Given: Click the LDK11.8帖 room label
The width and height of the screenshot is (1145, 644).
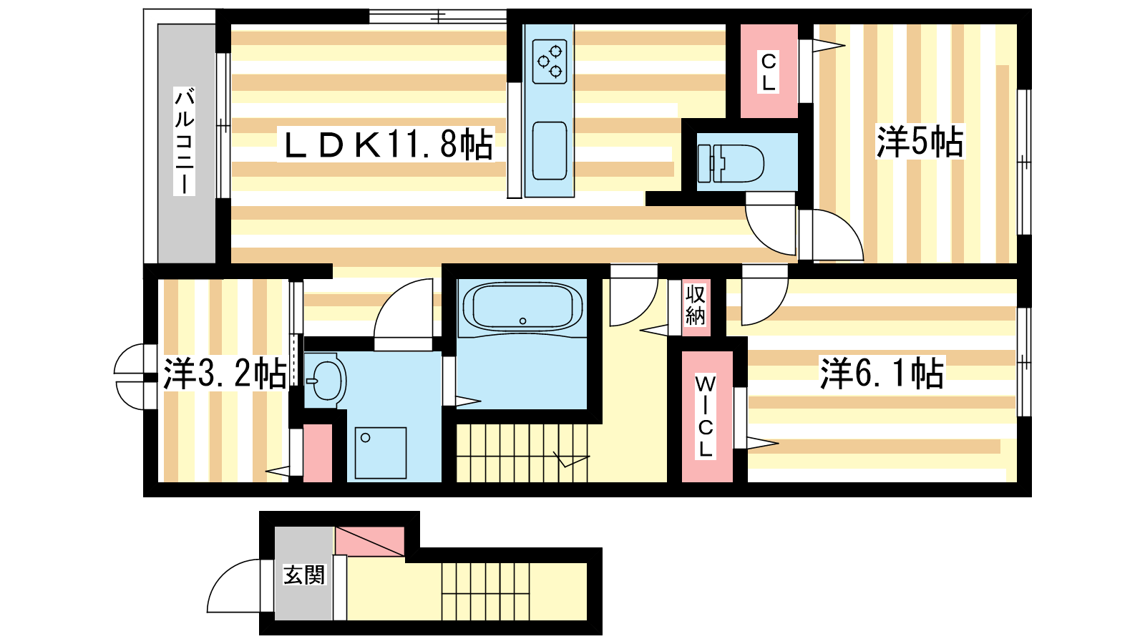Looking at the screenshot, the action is coord(387,144).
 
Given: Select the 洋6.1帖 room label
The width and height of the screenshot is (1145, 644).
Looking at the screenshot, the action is coord(882,373).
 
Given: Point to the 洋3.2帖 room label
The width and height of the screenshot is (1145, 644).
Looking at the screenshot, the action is coord(225,374).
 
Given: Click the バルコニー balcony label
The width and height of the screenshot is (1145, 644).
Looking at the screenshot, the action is coord(184,141).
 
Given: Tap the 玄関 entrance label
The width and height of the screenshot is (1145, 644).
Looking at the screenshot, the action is coord(304,575).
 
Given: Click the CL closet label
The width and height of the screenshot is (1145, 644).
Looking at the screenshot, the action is coord(769,72).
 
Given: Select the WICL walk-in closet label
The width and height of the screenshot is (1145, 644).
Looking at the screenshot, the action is coord(706,416).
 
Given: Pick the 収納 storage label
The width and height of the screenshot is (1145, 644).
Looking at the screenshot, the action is coord(695,305).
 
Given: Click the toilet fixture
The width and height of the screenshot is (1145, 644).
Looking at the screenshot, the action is coord(731,163).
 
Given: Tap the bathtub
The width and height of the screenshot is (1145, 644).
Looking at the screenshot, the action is coord(522,308).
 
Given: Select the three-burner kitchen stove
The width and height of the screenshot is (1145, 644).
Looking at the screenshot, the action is coord(550,62).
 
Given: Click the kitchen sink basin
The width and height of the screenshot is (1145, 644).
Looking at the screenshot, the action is coord(550,151).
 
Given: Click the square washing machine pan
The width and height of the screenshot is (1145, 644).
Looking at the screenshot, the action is coord(380,453).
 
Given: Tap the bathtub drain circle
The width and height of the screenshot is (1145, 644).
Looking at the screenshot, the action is coord(522,321).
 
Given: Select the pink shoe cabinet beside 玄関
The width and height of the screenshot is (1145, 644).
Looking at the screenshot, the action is coord(369,541).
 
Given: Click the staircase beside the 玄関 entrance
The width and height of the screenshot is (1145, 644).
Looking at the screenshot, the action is coord(485,591).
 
